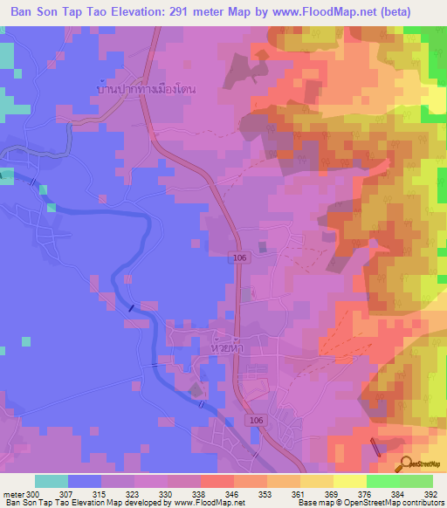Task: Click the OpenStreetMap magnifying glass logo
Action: coord(405,465)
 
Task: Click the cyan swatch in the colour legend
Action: coord(51,481)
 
